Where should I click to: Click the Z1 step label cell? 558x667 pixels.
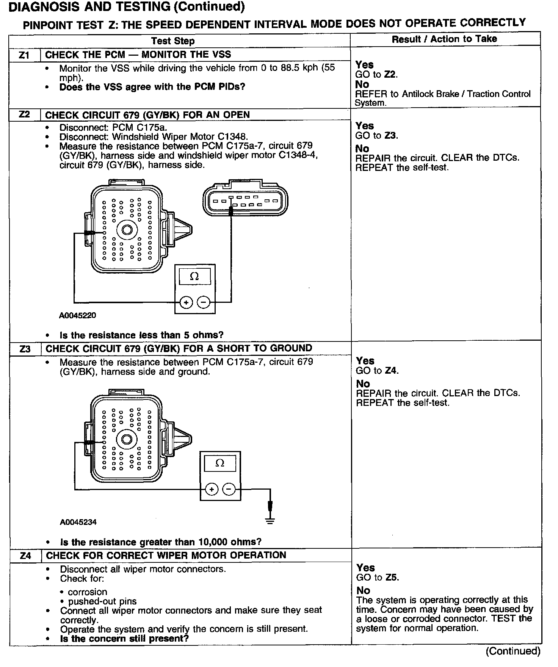(x=24, y=55)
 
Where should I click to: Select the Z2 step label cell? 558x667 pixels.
(x=24, y=114)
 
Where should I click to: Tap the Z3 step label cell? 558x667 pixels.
(x=25, y=349)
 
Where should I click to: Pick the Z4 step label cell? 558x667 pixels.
(x=25, y=556)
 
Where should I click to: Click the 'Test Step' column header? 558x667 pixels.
(x=173, y=41)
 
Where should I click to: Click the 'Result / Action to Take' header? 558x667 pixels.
(x=444, y=39)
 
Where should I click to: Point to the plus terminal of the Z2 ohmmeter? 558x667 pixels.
(x=186, y=302)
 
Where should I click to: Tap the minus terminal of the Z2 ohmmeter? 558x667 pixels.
(x=204, y=302)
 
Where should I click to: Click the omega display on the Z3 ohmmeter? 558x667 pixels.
(x=220, y=463)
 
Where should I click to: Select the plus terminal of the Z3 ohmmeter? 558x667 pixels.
(x=212, y=489)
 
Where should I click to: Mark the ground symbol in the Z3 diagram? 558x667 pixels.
(x=270, y=520)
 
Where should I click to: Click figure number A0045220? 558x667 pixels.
(x=78, y=315)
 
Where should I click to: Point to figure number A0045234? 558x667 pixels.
(x=78, y=522)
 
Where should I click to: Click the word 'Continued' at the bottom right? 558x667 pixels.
(x=513, y=651)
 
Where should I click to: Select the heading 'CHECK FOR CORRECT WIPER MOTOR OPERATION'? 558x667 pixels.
(x=166, y=556)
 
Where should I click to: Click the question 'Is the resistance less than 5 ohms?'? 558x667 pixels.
(x=141, y=335)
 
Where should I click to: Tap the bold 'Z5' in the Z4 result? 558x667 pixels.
(x=392, y=578)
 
